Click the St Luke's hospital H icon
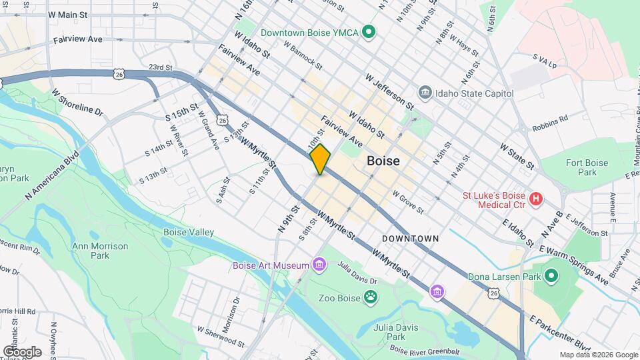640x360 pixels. [x=535, y=199]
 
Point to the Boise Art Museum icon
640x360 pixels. [x=319, y=265]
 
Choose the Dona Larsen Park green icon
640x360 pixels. [x=551, y=275]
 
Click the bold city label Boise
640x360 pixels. [x=383, y=161]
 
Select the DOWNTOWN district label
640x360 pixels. [x=411, y=238]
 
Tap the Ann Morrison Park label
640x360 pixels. [x=100, y=251]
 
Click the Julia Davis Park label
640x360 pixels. [x=396, y=332]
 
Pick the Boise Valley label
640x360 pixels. [x=189, y=232]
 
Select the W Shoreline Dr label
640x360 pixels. [x=77, y=103]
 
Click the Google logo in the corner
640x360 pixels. [x=22, y=351]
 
